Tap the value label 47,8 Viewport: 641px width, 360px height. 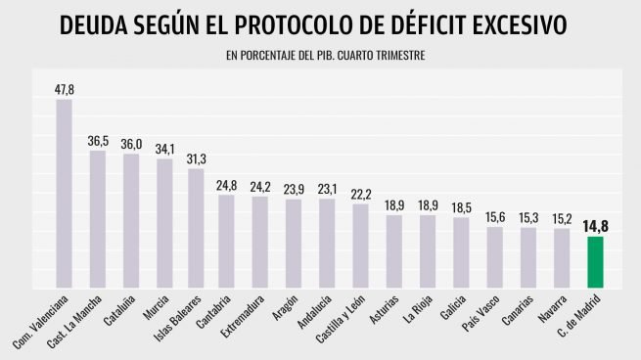point(65,89)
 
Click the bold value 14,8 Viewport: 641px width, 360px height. point(595,227)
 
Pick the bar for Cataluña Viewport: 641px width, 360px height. point(131,221)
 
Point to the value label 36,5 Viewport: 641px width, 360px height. point(98,141)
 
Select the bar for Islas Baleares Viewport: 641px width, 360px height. point(197,229)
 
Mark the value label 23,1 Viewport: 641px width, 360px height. point(327,189)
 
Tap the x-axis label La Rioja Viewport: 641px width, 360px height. point(419,311)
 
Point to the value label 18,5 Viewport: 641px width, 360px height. point(460,207)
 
